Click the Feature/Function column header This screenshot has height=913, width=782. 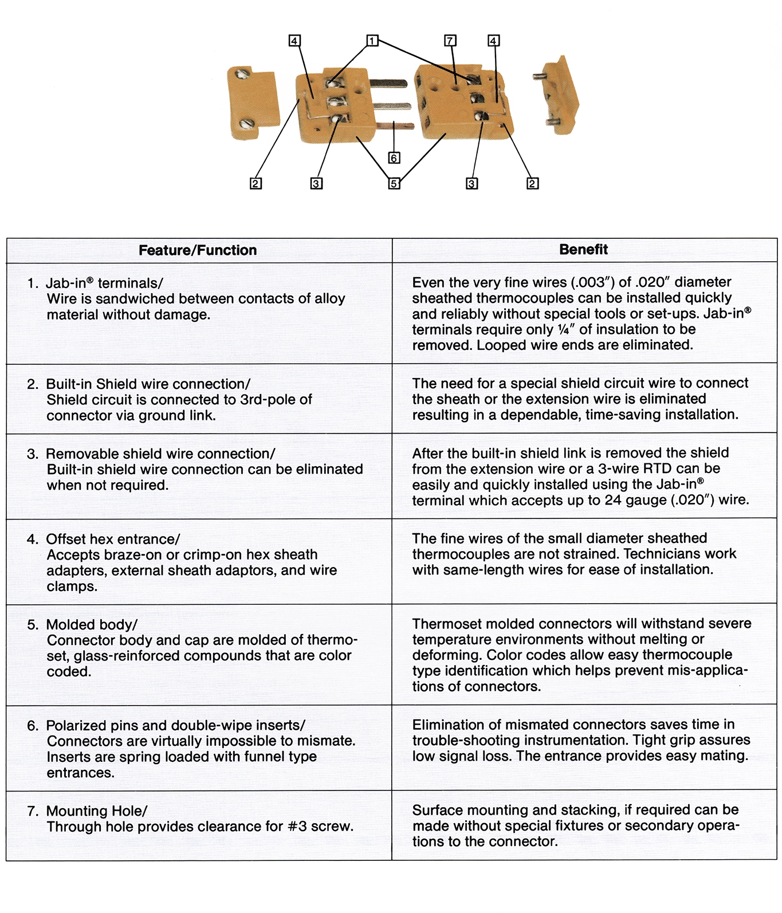[198, 250]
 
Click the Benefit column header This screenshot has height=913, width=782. [583, 249]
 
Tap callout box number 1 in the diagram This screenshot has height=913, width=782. [372, 41]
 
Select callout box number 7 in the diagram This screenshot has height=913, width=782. [450, 41]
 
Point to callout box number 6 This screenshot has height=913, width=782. [394, 158]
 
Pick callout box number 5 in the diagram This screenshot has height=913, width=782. [394, 183]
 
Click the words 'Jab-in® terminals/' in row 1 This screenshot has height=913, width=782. [104, 283]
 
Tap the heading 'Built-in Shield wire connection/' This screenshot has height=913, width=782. [148, 384]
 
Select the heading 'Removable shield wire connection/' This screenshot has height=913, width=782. [160, 454]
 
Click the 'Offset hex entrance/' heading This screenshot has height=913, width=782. [113, 539]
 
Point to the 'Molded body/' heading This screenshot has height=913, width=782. [92, 624]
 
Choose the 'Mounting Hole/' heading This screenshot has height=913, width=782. [96, 811]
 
